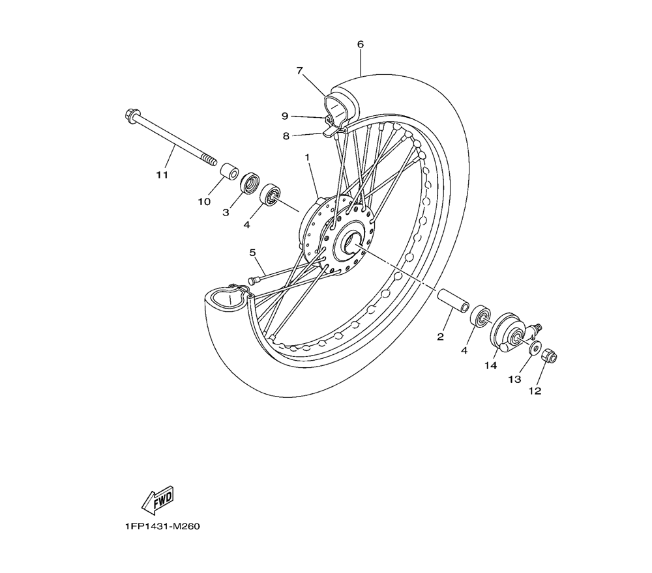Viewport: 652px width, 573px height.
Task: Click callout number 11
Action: pos(162,175)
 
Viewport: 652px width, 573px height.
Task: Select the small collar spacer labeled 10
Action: pos(228,173)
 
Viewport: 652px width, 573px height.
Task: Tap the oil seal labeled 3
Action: pos(250,183)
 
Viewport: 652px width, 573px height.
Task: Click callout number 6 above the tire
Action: pos(361,44)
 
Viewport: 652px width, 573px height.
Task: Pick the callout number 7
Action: pos(300,70)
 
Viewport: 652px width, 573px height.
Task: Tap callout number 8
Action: pos(286,136)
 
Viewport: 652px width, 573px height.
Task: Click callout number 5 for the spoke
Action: pos(252,253)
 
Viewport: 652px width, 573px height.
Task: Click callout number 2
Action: pos(440,337)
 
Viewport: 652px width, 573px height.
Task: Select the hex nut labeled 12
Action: pos(549,356)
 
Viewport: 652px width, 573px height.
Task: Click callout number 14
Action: pos(490,366)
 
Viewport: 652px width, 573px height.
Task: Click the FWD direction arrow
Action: pos(157,499)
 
